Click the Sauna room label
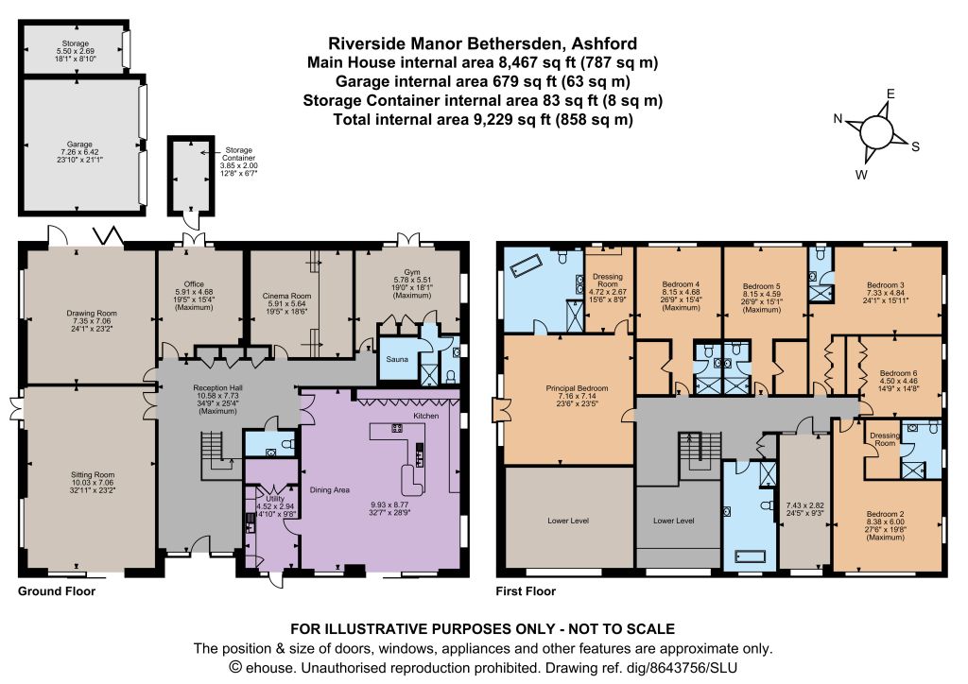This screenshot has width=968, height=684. [397, 359]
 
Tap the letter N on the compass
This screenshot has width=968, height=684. [838, 119]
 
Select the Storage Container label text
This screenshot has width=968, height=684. [239, 154]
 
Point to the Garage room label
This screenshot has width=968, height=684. [79, 145]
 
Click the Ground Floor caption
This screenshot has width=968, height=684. [57, 590]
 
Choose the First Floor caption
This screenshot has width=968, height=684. [526, 590]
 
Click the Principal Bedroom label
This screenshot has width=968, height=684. [577, 388]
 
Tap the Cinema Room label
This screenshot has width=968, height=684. [286, 296]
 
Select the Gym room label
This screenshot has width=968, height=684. [412, 272]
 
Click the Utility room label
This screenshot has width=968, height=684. [275, 498]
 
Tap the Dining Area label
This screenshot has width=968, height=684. [330, 489]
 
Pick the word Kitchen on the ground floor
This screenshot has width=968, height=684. [426, 416]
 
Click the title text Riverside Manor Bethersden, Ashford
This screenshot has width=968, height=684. [483, 43]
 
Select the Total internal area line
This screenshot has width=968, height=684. [483, 119]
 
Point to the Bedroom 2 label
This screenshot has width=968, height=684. [885, 514]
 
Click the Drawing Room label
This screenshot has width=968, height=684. [92, 314]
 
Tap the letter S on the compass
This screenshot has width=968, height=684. [915, 146]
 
